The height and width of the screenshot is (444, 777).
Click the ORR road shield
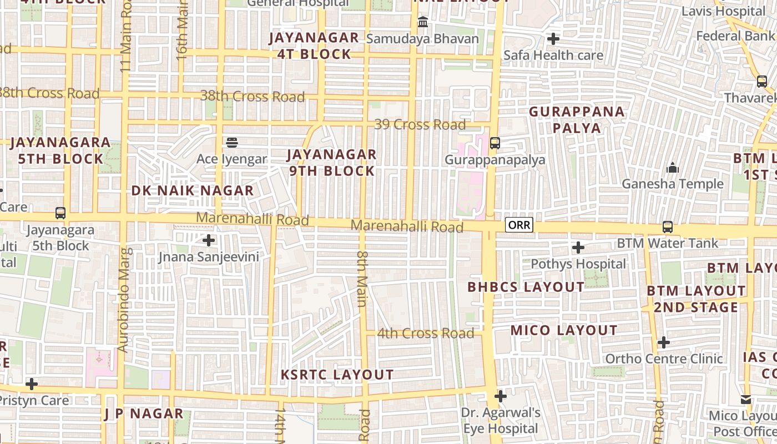[x=519, y=225]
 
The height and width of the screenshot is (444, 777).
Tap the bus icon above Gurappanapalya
[x=495, y=143]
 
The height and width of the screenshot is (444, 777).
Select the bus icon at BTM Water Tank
[x=667, y=227]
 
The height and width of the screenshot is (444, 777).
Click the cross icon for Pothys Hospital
[x=578, y=247]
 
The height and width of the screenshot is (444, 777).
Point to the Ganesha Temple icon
[x=673, y=167]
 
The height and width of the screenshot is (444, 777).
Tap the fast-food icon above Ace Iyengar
[x=232, y=143]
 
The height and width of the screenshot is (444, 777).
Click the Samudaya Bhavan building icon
[x=423, y=22]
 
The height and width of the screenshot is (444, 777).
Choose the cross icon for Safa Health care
[x=553, y=39]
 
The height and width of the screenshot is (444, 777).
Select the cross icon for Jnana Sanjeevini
[x=209, y=240]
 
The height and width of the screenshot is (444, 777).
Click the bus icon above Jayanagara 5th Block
[x=60, y=213]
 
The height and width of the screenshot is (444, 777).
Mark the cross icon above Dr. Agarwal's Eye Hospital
[x=501, y=396]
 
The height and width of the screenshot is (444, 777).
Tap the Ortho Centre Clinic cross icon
[x=663, y=342]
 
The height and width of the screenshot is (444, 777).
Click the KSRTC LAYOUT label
[x=337, y=375]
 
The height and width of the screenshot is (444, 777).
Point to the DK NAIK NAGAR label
[x=192, y=191]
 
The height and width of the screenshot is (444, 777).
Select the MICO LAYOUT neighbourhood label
[x=564, y=331]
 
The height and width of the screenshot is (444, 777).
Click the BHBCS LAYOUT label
[x=526, y=287]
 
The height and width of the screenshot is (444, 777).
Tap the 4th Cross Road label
[x=426, y=334]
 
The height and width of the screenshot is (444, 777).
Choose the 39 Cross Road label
[x=420, y=125]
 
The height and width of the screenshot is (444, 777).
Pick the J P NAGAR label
[x=136, y=413]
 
